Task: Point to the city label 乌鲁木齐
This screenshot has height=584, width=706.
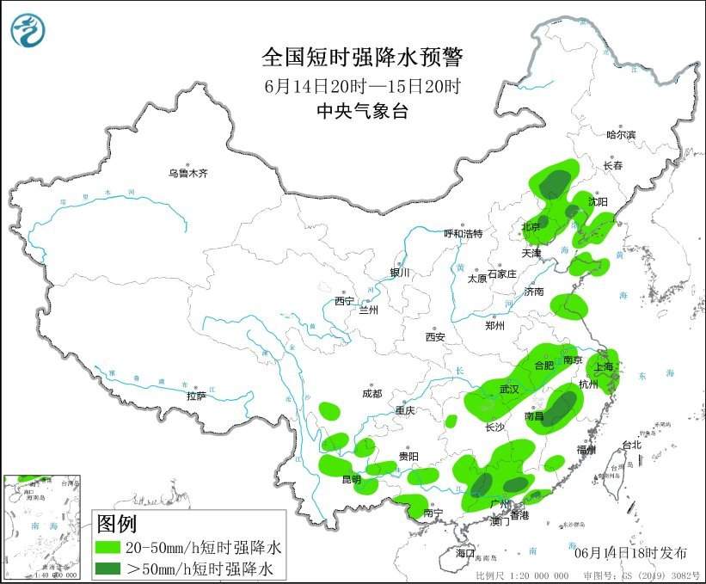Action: coord(188,174)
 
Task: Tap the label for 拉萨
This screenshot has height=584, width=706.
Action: coord(196,396)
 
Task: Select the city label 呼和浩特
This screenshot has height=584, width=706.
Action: coord(463,233)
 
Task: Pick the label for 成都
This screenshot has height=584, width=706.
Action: coord(371,394)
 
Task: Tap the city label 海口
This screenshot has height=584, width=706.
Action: coord(464,551)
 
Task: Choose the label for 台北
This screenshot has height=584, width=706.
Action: coord(631,445)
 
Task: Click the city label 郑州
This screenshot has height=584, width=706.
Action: coord(496,326)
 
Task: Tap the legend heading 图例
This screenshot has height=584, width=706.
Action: coord(116,523)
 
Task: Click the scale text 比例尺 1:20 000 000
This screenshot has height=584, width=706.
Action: coord(522,575)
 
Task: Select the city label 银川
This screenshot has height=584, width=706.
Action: coord(400,273)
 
